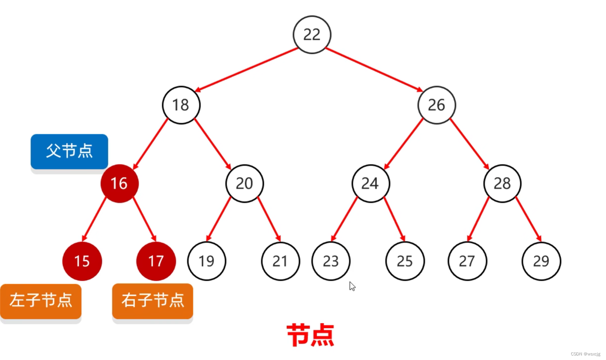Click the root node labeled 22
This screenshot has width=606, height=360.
[x=312, y=35]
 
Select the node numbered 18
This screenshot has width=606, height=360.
[x=181, y=105]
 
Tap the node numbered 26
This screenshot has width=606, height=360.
[x=436, y=105]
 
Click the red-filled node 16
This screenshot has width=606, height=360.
[x=120, y=184]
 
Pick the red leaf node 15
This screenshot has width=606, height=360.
[x=82, y=261]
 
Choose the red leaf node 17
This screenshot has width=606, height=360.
[x=156, y=261]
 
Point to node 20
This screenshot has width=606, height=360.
[x=244, y=184]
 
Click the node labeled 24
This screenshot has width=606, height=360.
[x=370, y=184]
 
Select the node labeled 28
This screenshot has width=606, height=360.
[x=502, y=184]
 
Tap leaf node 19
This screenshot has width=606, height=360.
[x=206, y=261]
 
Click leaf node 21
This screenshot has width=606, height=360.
[x=280, y=261]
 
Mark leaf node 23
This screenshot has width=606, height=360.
[x=331, y=261]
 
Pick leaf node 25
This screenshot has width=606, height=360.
[x=405, y=261]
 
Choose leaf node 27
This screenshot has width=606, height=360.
[x=467, y=261]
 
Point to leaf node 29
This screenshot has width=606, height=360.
[x=541, y=261]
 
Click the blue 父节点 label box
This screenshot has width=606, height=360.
[x=69, y=151]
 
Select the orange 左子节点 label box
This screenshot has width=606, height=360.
[x=41, y=301]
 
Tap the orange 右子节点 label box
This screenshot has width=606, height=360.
[x=153, y=301]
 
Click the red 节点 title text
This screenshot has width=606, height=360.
[x=310, y=335]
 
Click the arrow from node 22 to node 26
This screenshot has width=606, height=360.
[x=373, y=69]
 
